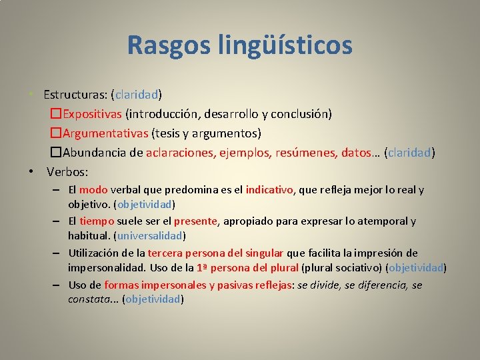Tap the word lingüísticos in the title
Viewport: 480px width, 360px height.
coord(285,45)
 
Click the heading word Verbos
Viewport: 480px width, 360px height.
coord(67,172)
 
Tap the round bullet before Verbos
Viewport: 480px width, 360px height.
coord(32,172)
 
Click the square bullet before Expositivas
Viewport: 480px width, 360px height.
coord(56,114)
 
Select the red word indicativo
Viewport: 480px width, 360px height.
coord(269,190)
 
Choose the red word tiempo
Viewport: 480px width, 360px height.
coord(97,221)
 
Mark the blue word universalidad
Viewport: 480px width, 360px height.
coord(150,235)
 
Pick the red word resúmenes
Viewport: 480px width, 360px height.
coord(303,153)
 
